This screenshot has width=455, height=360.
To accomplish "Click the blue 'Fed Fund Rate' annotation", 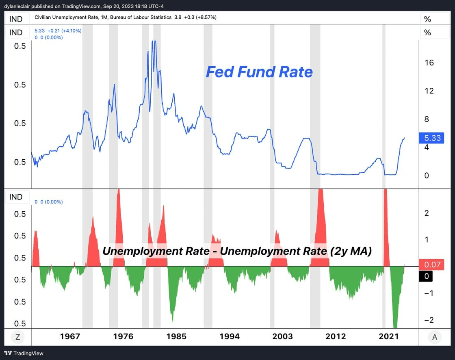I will (259, 72).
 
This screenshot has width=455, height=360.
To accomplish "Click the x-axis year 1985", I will (176, 336).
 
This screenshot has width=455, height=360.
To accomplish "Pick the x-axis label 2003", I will (282, 336).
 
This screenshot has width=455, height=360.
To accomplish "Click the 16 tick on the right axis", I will (429, 63).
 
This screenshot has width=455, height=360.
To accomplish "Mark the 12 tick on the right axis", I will (429, 91).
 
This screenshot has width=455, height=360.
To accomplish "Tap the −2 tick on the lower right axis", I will (429, 320).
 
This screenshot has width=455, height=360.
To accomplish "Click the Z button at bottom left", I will (17, 336).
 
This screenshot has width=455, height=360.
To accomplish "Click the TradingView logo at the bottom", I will (24, 353).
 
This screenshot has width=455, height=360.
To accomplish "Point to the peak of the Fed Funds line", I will (154, 41).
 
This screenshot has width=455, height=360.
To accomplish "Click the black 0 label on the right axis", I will (426, 276).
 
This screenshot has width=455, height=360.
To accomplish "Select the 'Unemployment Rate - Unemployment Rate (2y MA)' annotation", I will (237, 251).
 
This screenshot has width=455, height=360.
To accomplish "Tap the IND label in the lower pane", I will (16, 197).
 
